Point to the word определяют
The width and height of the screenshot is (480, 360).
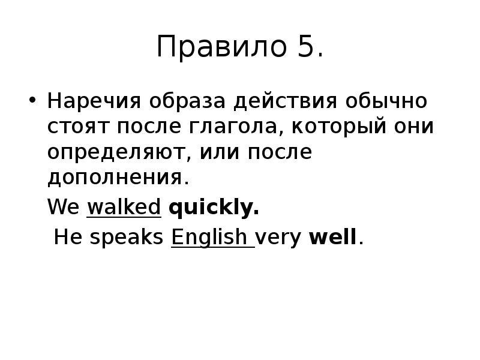(x=116, y=154)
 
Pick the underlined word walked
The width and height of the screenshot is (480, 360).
(x=124, y=208)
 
